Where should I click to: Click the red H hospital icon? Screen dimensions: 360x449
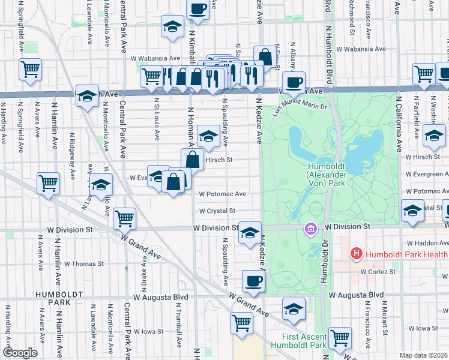point(356,254)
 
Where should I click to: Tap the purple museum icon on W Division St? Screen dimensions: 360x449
point(310,229)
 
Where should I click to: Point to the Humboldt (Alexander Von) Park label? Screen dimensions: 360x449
point(326,174)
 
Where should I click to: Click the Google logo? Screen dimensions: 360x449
point(20,353)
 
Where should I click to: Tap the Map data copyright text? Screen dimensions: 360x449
point(424,355)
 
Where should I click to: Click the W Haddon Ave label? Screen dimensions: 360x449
point(427,244)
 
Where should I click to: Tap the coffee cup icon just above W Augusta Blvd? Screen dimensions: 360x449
point(253,280)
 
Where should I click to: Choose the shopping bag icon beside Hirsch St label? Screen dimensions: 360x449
point(192,160)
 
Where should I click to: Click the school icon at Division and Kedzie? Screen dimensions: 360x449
point(250,233)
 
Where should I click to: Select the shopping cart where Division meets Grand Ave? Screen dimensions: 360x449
point(125,219)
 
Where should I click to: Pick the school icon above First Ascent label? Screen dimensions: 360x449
point(293,309)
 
